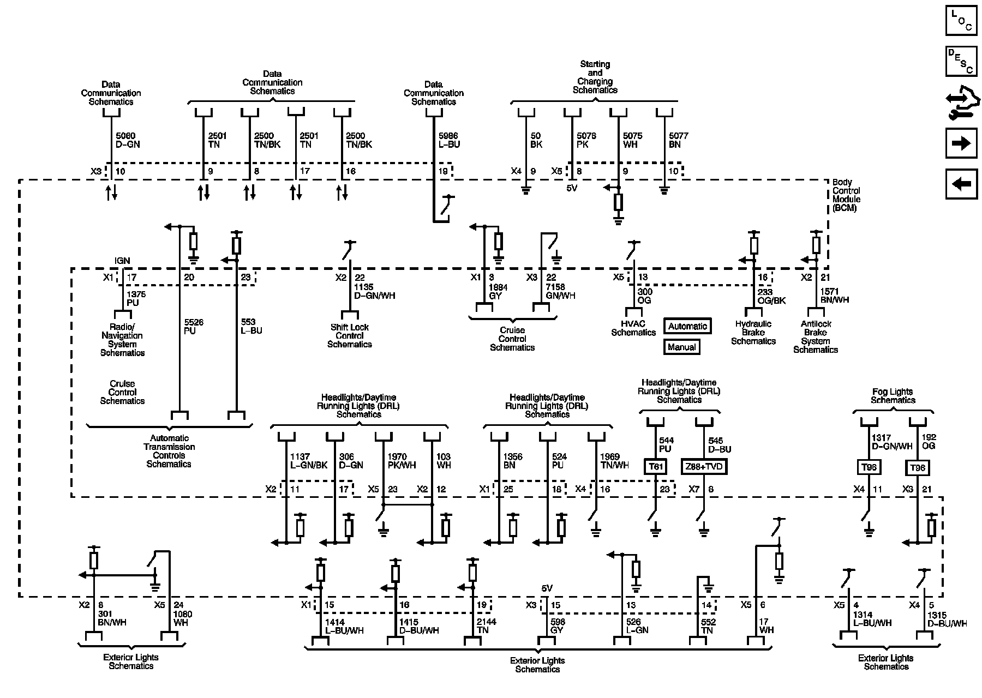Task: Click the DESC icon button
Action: [961, 62]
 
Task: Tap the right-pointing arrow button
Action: [961, 143]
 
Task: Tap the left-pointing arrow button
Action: [961, 184]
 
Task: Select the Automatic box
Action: [687, 326]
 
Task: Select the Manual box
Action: [681, 347]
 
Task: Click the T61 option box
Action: [655, 467]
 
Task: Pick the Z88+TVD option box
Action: [704, 467]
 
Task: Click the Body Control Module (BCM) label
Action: [846, 195]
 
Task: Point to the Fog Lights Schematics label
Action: [893, 396]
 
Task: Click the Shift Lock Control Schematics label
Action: [350, 336]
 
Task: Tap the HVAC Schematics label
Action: [633, 328]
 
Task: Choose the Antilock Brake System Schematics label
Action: [816, 336]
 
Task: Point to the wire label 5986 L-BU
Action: [449, 140]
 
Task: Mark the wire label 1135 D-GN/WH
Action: [375, 292]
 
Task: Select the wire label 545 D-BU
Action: [720, 445]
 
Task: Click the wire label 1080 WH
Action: [183, 618]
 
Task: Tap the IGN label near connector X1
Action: [122, 261]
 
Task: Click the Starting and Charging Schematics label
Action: [595, 77]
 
